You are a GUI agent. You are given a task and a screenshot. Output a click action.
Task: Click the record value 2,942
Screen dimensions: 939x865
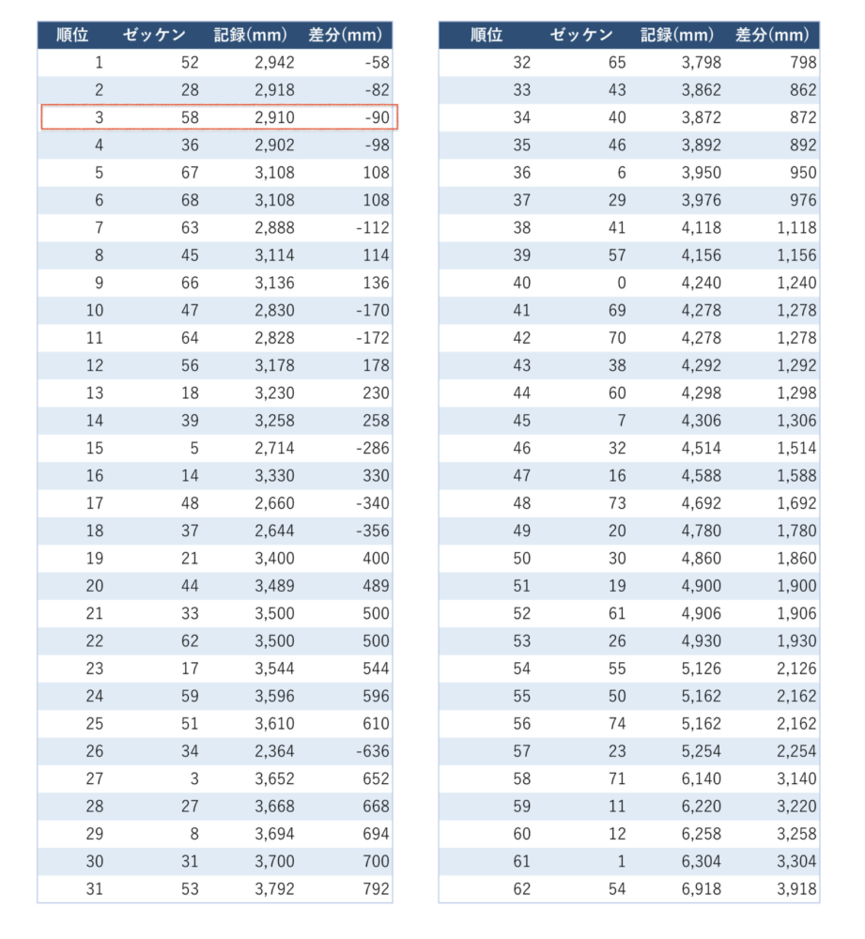click(274, 63)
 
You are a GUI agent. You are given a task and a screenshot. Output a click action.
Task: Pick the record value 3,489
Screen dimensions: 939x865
click(274, 586)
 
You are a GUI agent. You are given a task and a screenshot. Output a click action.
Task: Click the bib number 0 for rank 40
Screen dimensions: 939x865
click(621, 283)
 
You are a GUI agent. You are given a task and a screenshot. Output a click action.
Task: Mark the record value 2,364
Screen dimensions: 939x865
click(274, 751)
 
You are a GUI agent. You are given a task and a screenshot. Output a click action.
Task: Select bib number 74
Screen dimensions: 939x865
click(616, 723)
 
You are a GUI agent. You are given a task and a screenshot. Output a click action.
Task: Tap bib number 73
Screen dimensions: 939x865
click(616, 503)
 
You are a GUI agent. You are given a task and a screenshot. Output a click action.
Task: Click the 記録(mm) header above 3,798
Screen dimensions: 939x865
click(677, 36)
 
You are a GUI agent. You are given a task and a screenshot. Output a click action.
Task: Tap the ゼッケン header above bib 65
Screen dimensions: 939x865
click(581, 36)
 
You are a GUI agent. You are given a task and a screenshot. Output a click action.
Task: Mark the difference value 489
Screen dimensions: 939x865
click(375, 586)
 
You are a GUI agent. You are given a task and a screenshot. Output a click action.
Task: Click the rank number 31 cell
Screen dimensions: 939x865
click(94, 888)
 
